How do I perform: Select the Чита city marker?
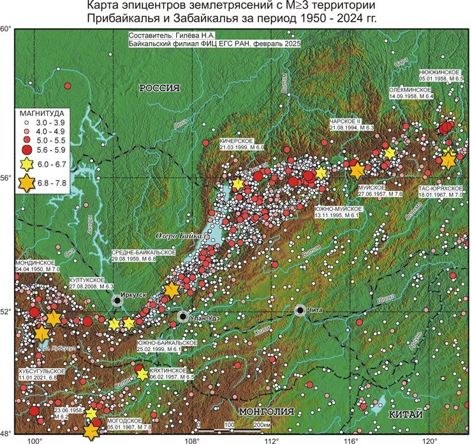click(x=300, y=310)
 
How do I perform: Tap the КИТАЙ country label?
click(x=406, y=415)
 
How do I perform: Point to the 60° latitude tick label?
click(x=6, y=29)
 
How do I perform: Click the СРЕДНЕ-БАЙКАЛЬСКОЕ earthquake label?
click(x=138, y=253)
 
